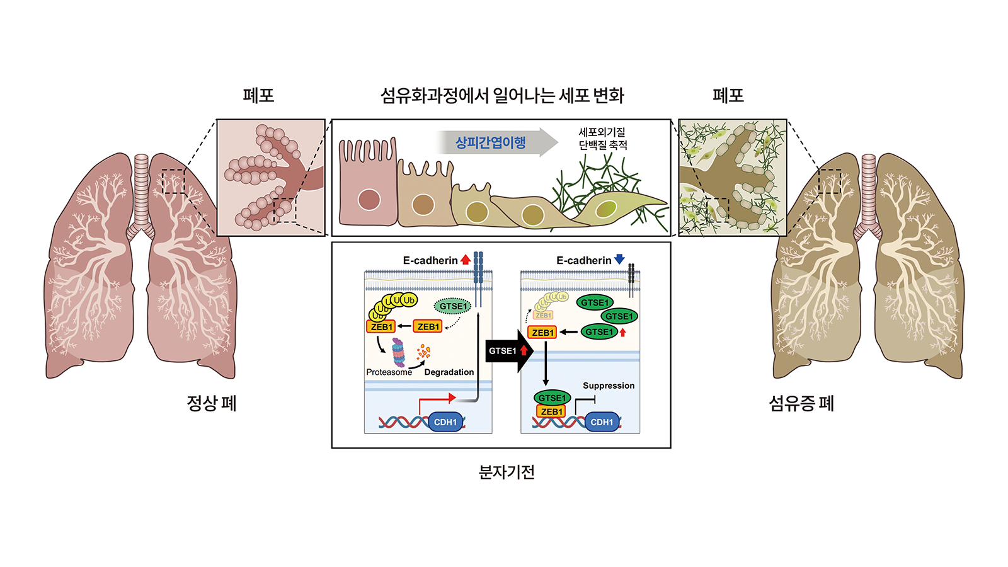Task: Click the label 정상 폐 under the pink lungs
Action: pyautogui.click(x=212, y=403)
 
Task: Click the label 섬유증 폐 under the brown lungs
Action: pyautogui.click(x=801, y=403)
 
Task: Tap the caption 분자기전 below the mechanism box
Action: pyautogui.click(x=507, y=472)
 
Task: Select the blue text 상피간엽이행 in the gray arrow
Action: pyautogui.click(x=490, y=142)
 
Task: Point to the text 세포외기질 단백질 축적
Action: pyautogui.click(x=603, y=139)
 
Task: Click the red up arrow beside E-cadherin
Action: pyautogui.click(x=466, y=259)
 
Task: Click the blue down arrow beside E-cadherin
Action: pyautogui.click(x=619, y=259)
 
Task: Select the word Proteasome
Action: pyautogui.click(x=389, y=372)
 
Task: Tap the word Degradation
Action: pyautogui.click(x=449, y=372)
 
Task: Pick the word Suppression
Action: pyautogui.click(x=609, y=386)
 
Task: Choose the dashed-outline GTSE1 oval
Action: pyautogui.click(x=453, y=306)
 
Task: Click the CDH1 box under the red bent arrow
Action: pyautogui.click(x=445, y=422)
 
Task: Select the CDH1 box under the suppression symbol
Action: pyautogui.click(x=602, y=422)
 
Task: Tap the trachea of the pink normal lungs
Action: pyautogui.click(x=141, y=189)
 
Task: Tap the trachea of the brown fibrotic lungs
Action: pyautogui.click(x=869, y=189)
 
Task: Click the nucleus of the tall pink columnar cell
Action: pyautogui.click(x=369, y=200)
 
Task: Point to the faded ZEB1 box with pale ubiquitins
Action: pyautogui.click(x=543, y=315)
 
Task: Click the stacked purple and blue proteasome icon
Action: pyautogui.click(x=398, y=353)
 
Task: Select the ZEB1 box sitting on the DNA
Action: pyautogui.click(x=551, y=411)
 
